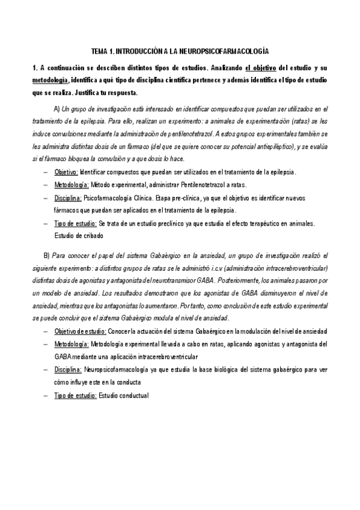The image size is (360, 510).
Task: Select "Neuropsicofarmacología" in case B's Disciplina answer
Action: coord(118,370)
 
